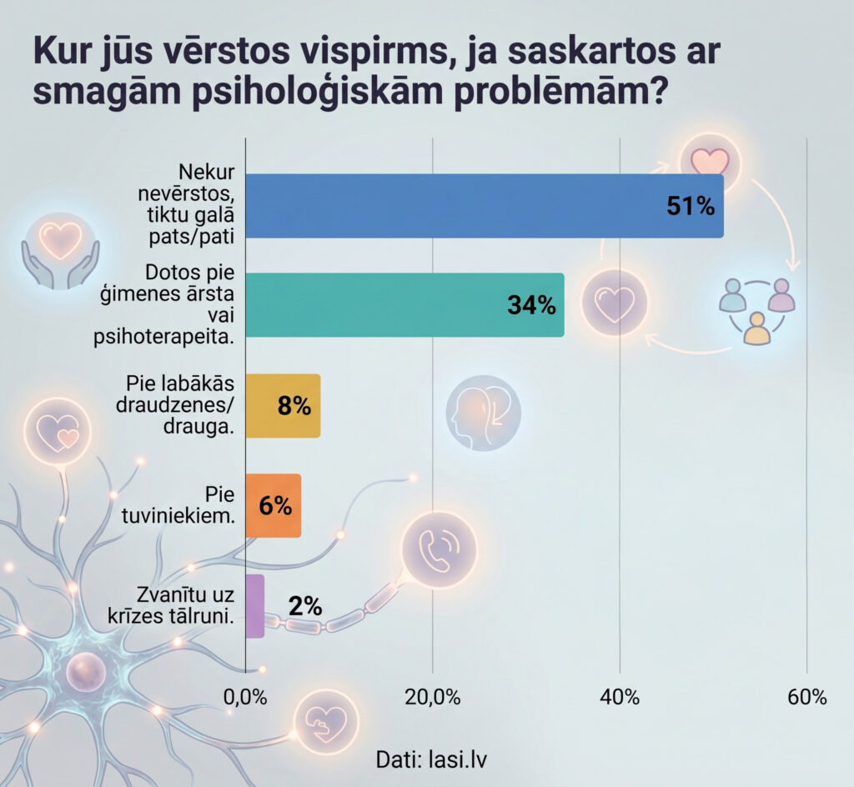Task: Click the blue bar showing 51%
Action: (x=484, y=206)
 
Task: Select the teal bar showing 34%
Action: (x=404, y=305)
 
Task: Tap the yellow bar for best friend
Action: (x=283, y=406)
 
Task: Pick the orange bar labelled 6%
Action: (x=273, y=506)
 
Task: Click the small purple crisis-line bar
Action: (x=255, y=606)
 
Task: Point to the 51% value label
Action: (x=691, y=207)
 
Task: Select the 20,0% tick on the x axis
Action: (x=433, y=698)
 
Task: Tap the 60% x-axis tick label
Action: (x=806, y=698)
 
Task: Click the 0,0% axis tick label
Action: (x=245, y=698)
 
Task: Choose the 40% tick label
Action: (x=620, y=698)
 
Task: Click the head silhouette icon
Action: (x=483, y=411)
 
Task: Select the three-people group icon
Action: (x=756, y=309)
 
